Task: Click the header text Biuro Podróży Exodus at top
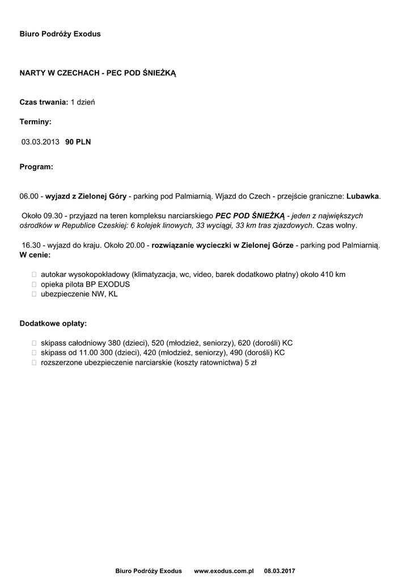click(x=60, y=34)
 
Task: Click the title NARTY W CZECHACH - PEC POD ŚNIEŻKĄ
click(x=98, y=74)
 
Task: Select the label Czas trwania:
click(x=44, y=102)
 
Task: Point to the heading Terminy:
click(x=35, y=122)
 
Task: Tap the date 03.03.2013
click(x=40, y=142)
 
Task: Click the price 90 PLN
click(x=78, y=142)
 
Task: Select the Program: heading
click(x=36, y=167)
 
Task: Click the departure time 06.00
click(x=28, y=196)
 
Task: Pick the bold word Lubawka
click(x=363, y=196)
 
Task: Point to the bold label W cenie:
click(x=35, y=255)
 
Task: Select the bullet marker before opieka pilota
click(x=34, y=284)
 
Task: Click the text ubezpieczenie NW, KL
click(x=79, y=294)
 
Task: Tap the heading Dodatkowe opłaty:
click(x=53, y=323)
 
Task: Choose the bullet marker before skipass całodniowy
click(x=34, y=343)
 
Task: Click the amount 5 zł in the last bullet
click(x=250, y=363)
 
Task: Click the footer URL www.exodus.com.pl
click(x=223, y=570)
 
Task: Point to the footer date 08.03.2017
click(x=279, y=570)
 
